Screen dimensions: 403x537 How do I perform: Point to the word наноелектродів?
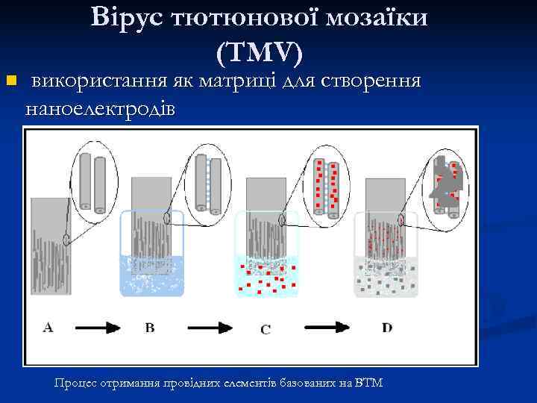coord(101,109)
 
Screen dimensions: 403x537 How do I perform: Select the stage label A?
coord(48,327)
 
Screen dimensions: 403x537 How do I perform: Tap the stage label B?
coord(150,327)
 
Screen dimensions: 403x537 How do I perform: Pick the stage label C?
coord(266,328)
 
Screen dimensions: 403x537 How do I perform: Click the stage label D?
coord(387,327)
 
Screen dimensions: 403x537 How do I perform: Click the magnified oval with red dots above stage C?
coord(327,183)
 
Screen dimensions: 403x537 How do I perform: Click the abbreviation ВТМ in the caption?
coord(369,383)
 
